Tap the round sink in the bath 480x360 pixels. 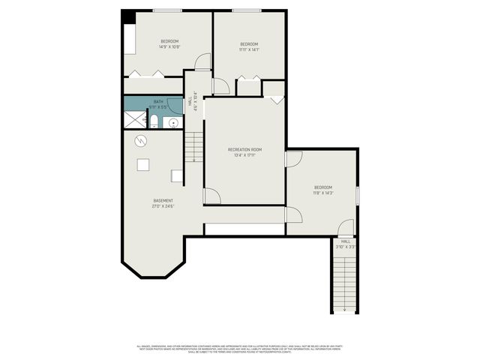point(172,122)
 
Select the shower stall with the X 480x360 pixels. point(136,118)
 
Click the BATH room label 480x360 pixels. point(158,102)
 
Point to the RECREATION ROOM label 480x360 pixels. point(244,150)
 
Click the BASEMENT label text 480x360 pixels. point(163,200)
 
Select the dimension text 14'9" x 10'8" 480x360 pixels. point(169,46)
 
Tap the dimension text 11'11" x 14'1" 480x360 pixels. point(249,50)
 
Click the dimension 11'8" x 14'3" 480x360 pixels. point(323,193)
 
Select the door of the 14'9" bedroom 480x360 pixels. point(202,62)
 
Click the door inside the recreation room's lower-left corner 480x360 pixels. point(212,196)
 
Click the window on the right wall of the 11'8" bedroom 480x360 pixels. point(358,194)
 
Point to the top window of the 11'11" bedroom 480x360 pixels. point(247,10)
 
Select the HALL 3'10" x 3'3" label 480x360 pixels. point(346,244)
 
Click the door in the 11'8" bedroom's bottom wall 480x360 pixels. point(345,226)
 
